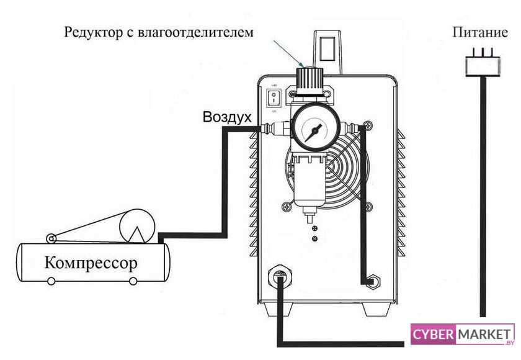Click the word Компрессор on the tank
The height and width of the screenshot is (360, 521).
coord(91,263)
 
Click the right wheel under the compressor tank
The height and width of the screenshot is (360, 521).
coord(133,282)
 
